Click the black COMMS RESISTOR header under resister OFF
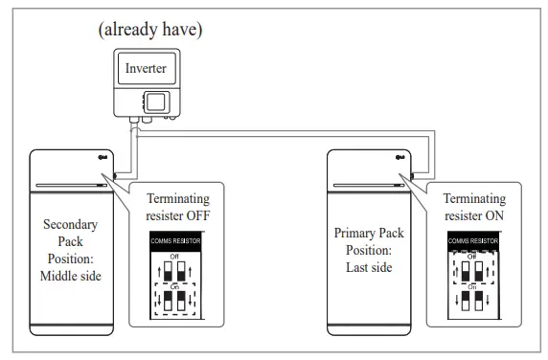pyautogui.click(x=173, y=242)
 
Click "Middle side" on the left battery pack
pyautogui.click(x=73, y=277)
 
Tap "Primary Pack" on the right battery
pyautogui.click(x=369, y=233)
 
